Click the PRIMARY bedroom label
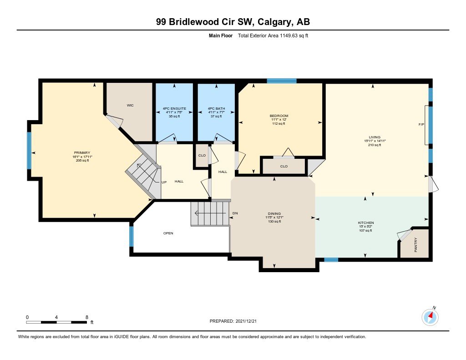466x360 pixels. pos(82,153)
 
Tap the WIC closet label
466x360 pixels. pos(130,105)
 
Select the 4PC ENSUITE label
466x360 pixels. pos(174,108)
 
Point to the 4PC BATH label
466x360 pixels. pos(216,108)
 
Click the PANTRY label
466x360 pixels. pos(416,245)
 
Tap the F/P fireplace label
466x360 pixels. pos(421,125)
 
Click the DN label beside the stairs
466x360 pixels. pos(235,213)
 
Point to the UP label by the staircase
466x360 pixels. pos(164,182)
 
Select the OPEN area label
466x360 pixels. pos(168,233)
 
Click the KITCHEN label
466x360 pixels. pos(366,223)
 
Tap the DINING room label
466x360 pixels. pos(274,213)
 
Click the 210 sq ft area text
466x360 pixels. pos(375,145)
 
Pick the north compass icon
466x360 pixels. pos(430,317)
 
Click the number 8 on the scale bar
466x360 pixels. pos(87,317)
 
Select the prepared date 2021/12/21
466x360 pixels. pos(246,321)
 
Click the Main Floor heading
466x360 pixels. pos(221,35)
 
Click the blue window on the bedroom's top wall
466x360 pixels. pos(282,81)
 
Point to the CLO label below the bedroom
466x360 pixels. pos(284,166)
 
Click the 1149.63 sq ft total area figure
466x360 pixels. pos(294,35)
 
